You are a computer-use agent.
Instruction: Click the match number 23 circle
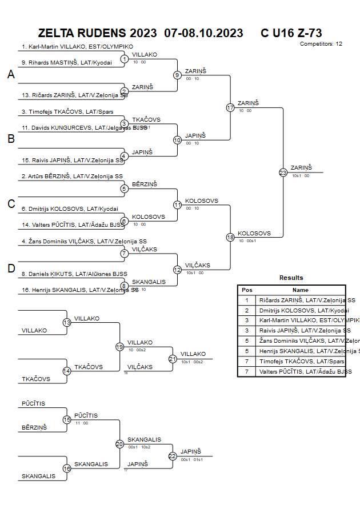pos(283,172)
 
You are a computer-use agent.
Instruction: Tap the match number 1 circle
pos(125,59)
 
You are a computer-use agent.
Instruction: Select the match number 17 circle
pos(230,107)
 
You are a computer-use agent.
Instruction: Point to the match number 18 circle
pos(230,237)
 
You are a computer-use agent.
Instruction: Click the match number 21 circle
pos(173,359)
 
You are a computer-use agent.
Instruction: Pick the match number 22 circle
pos(173,456)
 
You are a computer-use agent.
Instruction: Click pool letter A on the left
pos(11,74)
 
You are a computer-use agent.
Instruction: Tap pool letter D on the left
pos(11,268)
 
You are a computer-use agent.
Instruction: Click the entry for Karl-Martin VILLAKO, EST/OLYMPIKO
pos(77,47)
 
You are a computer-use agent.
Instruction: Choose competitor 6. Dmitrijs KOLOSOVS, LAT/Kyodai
pos(70,209)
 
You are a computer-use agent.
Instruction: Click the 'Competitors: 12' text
pos(321,44)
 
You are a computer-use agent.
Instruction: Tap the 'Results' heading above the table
pos(291,278)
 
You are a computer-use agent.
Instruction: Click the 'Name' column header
pos(301,290)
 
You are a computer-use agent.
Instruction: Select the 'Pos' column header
pos(247,290)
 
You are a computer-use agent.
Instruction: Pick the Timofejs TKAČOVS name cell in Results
pos(301,362)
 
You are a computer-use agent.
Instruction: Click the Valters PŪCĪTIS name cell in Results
pos(301,371)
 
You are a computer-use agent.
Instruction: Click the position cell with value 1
pos(247,300)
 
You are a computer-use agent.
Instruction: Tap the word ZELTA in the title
pos(57,33)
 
